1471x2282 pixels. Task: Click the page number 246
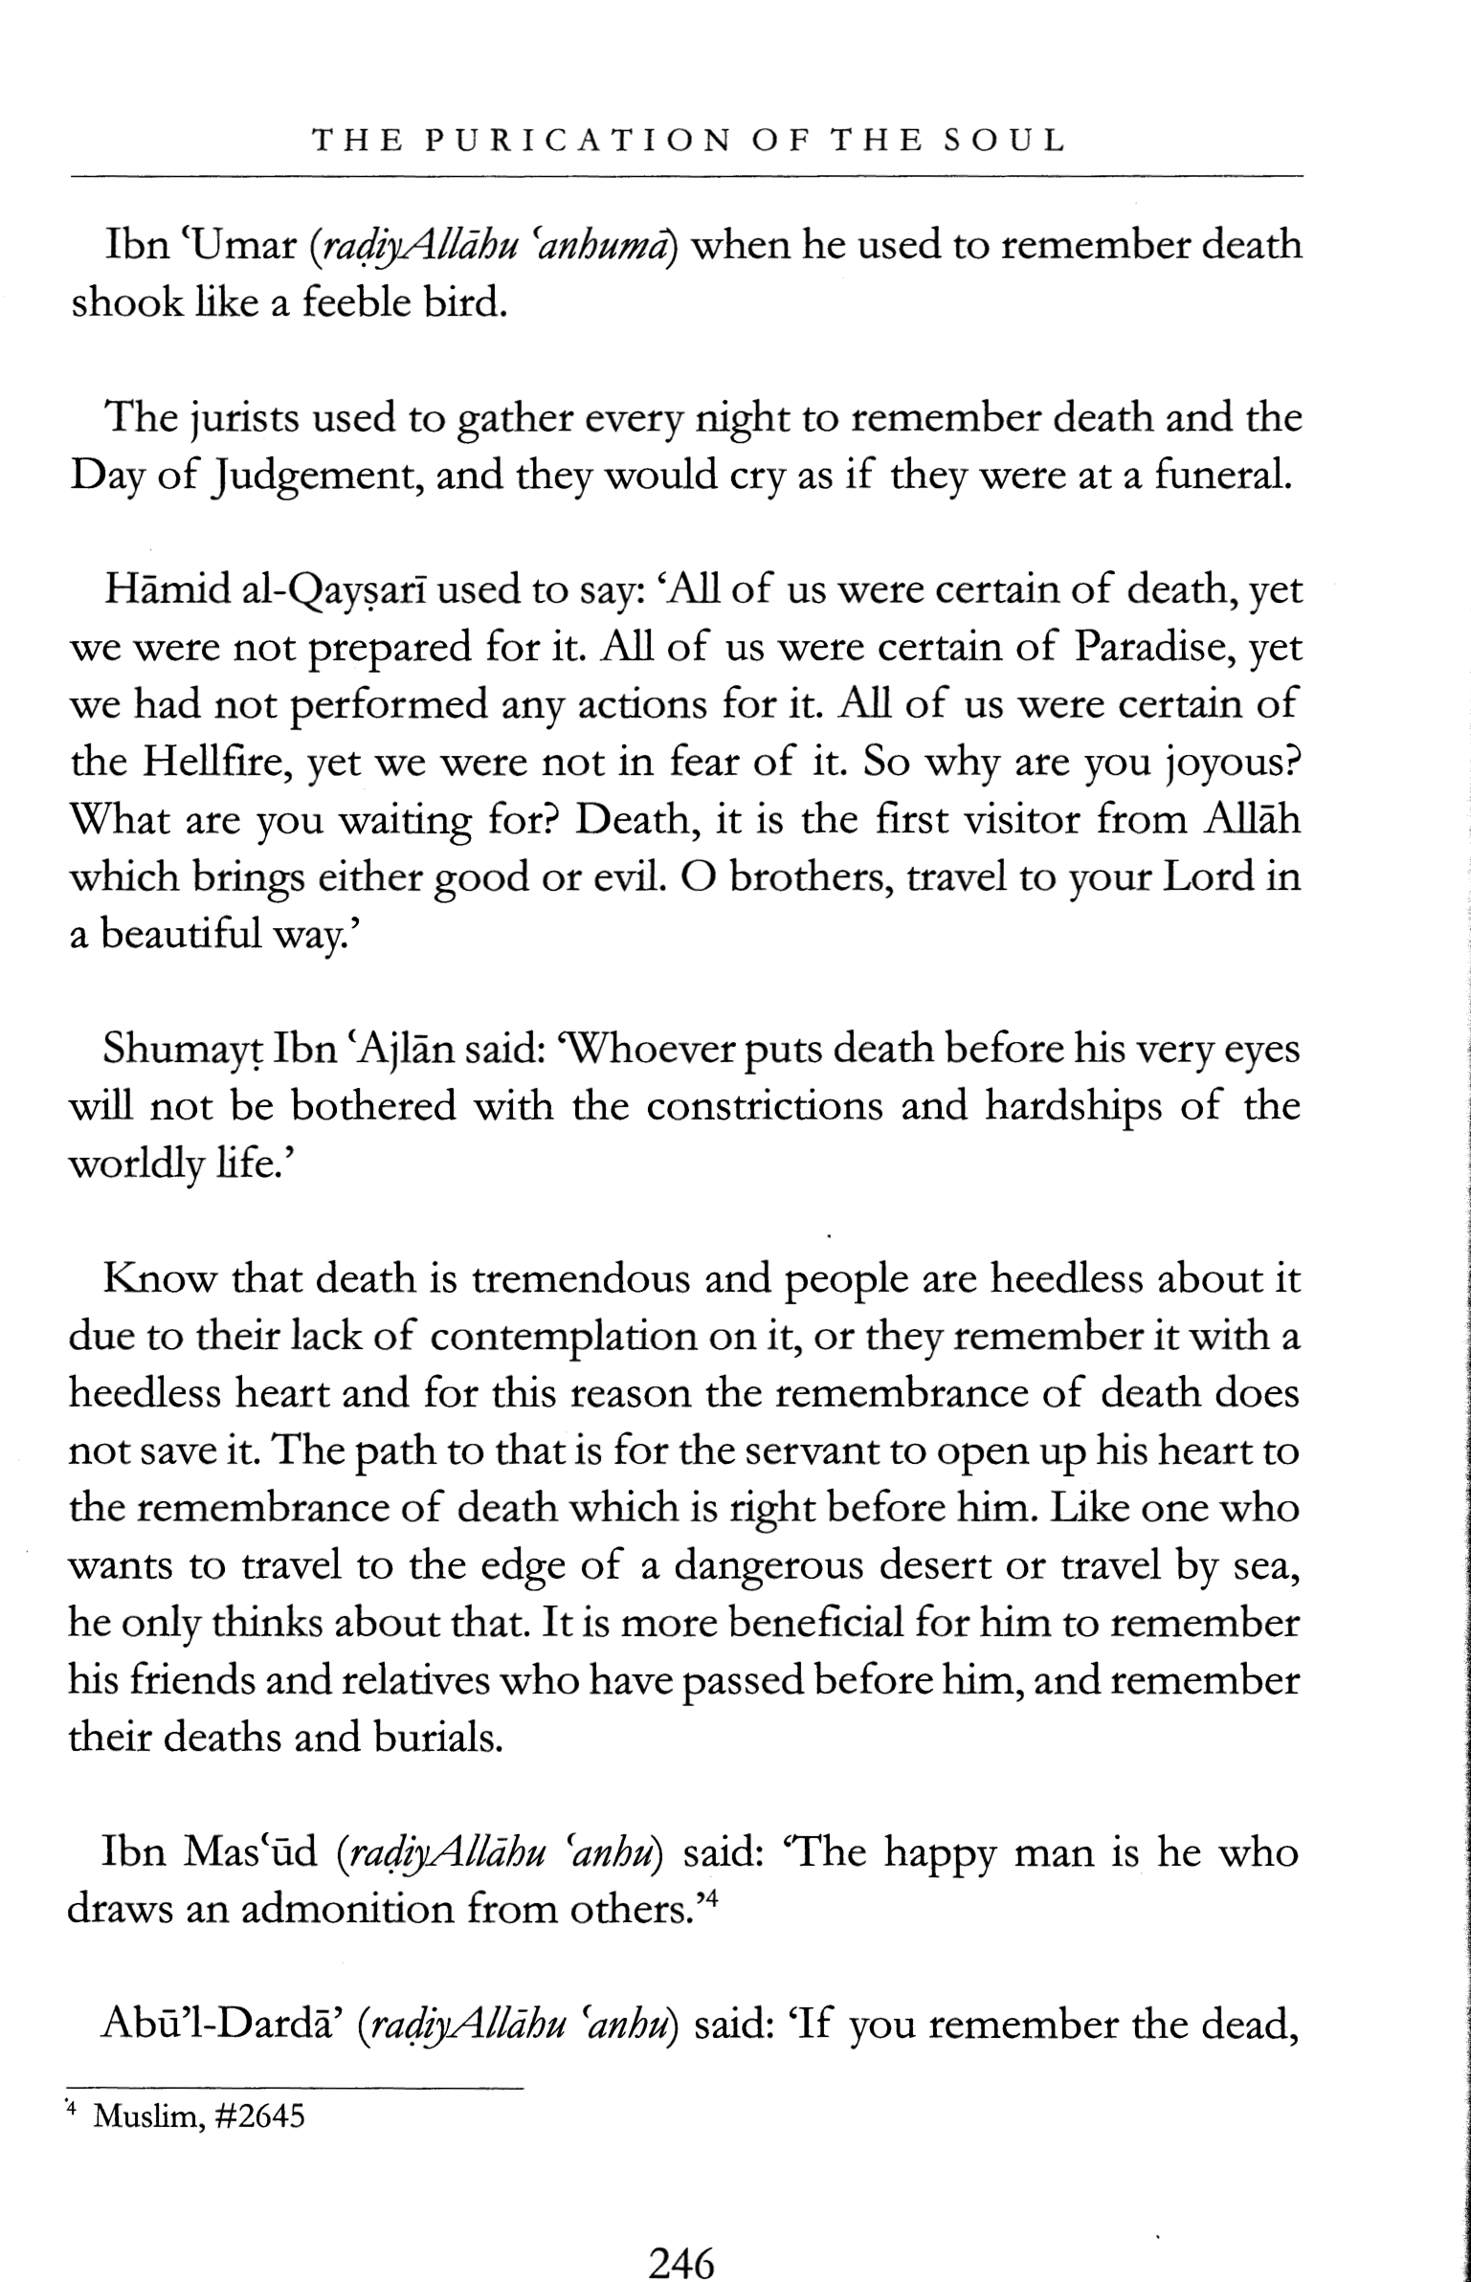coord(681,2238)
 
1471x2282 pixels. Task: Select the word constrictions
coord(766,1107)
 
